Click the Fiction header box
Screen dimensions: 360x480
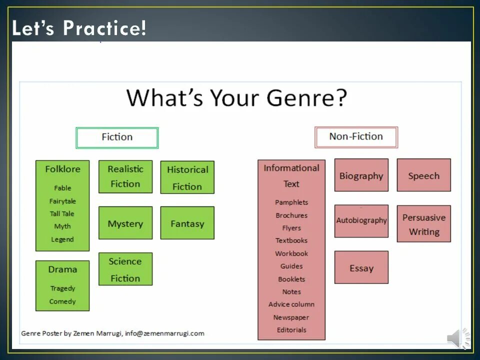(117, 137)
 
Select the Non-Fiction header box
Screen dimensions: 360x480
(356, 137)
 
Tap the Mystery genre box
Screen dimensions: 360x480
(125, 223)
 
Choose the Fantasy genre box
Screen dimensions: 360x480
(187, 223)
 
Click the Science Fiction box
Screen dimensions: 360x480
(125, 269)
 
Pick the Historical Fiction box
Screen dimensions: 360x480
(187, 177)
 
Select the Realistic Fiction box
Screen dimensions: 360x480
(125, 176)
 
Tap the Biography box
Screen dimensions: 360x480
(361, 175)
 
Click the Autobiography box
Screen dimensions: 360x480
(361, 220)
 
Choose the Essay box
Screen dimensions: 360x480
(361, 268)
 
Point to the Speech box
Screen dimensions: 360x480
(423, 175)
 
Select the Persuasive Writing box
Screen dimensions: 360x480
(423, 224)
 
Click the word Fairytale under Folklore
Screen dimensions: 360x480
(62, 201)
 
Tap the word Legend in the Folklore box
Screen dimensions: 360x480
(62, 239)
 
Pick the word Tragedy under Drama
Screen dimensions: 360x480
(62, 288)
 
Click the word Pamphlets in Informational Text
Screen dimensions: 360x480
(291, 202)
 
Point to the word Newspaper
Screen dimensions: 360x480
(291, 317)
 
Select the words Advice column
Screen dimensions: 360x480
(291, 304)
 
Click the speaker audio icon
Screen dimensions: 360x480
(458, 338)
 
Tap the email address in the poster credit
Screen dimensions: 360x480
(164, 333)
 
